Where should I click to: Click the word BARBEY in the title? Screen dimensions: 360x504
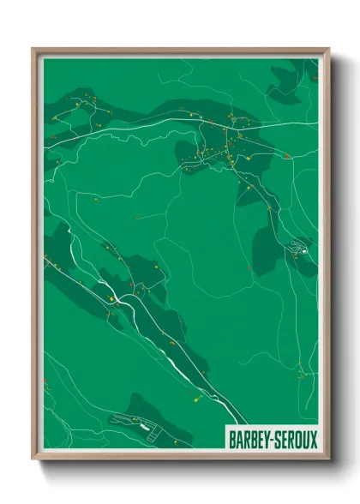coord(248,441)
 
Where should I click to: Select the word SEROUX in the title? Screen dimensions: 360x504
coord(295,441)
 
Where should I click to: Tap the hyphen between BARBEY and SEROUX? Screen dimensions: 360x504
coord(270,441)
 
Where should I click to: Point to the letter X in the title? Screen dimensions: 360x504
coord(313,441)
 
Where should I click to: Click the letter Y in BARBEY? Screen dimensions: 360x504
coord(264,441)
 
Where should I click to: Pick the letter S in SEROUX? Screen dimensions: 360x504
coord(276,441)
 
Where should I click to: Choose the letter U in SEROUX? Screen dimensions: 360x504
coord(305,441)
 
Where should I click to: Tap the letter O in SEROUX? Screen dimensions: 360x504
coord(297,441)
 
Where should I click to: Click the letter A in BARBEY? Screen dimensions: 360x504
coord(239,441)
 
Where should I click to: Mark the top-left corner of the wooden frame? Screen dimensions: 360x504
coord(33,49)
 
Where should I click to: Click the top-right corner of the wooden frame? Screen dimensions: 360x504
coord(328,49)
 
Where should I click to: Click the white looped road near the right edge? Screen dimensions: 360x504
coord(299,249)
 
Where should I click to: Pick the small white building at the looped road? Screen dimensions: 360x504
coord(303,252)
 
